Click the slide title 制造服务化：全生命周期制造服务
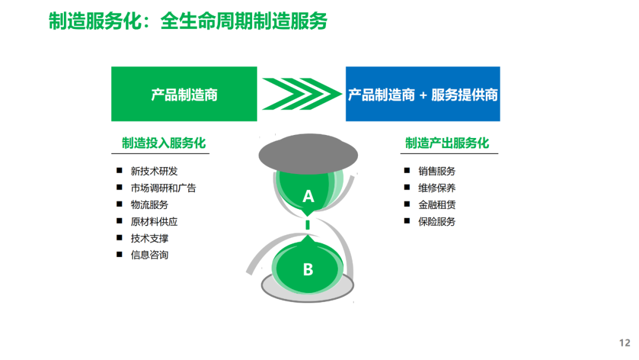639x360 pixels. [188, 21]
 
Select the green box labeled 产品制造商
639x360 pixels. [184, 94]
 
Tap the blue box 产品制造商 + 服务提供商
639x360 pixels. [422, 94]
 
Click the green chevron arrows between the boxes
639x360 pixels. [301, 94]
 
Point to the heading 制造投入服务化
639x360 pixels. [164, 143]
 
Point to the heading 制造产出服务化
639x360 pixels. [447, 143]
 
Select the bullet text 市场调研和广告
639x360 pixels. [163, 188]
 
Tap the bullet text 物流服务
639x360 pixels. [150, 205]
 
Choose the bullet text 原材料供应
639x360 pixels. [154, 221]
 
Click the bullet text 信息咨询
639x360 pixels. [150, 255]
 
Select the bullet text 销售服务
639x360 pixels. [437, 171]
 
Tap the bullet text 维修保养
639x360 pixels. [437, 188]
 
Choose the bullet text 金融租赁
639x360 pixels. [437, 205]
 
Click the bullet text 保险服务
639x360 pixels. [437, 221]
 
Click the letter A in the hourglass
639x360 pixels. [308, 196]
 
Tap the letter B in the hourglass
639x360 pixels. [308, 270]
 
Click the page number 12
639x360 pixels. [624, 343]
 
